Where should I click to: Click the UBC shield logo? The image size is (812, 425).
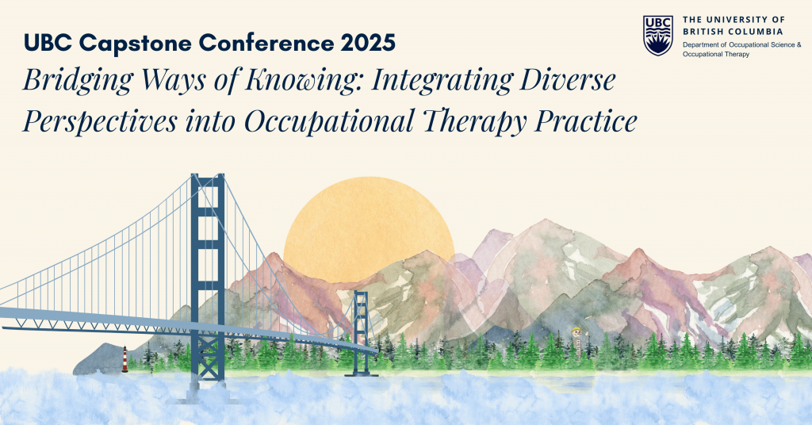pos(657,35)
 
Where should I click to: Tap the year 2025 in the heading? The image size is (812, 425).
pos(368,43)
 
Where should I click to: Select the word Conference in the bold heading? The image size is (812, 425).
pos(266,43)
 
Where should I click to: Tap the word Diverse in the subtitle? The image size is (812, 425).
pos(568,80)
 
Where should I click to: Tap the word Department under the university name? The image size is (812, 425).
pos(699,45)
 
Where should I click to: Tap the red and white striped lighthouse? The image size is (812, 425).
pos(124,360)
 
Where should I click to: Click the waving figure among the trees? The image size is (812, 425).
pos(576,337)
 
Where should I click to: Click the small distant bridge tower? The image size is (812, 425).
pos(361,332)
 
